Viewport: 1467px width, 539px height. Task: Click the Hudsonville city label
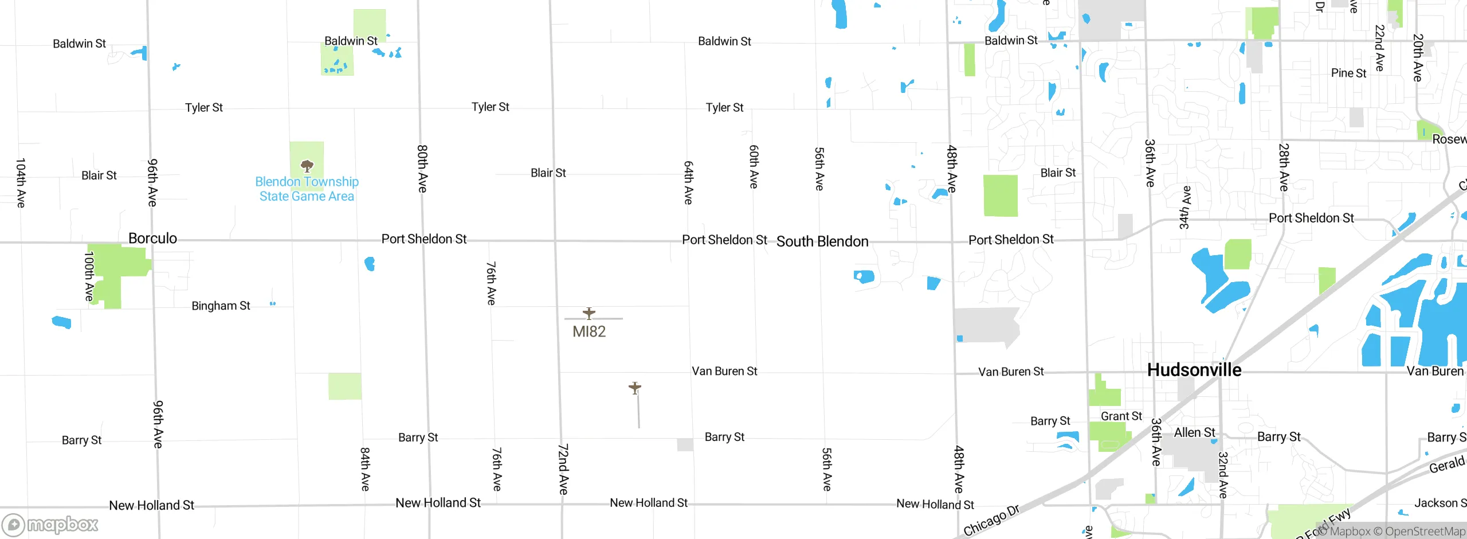1194,370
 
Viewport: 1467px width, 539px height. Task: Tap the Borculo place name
152,239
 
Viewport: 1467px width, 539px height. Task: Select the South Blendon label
822,241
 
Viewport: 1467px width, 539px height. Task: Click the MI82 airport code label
589,331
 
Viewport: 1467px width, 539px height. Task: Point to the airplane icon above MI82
589,313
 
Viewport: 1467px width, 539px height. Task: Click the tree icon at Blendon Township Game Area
307,166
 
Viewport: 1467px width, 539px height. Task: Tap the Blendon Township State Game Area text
307,189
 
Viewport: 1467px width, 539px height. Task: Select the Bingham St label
221,306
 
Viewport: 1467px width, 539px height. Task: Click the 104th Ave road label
21,183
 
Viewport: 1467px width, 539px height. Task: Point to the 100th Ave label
89,276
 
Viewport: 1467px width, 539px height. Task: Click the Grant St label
1121,416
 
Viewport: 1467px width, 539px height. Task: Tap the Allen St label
1195,432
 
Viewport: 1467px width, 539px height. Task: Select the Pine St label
1348,73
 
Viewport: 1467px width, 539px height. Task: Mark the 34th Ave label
1185,207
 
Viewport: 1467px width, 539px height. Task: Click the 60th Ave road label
754,166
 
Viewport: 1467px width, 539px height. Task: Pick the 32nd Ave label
1223,475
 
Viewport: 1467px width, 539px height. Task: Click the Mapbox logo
50,524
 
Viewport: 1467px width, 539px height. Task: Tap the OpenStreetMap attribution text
1425,532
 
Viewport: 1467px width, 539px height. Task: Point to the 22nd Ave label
1380,48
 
